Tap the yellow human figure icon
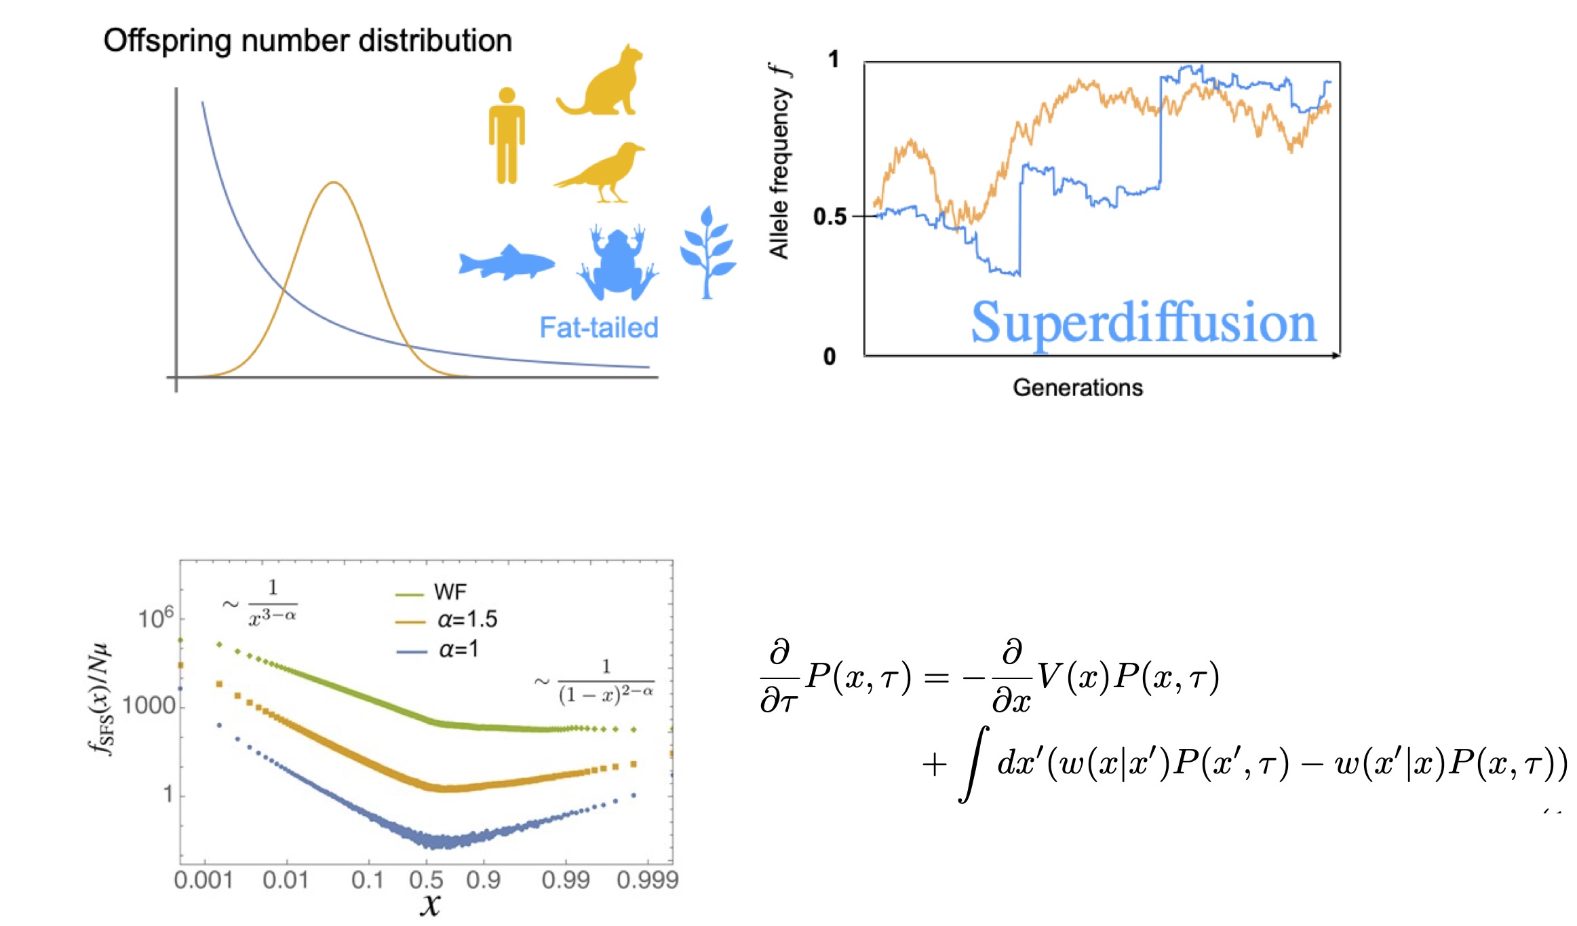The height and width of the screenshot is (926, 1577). point(506,136)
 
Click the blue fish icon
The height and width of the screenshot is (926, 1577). point(506,263)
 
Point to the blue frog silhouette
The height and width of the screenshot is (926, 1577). point(617,263)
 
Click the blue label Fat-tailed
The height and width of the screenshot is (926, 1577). point(598,328)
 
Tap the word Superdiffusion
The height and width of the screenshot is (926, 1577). point(1143,324)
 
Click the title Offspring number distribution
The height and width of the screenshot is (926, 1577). point(307,41)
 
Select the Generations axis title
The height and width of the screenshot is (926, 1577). point(1077,387)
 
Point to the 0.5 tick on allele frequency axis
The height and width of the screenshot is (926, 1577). point(830,217)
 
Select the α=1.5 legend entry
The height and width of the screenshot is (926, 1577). point(467,619)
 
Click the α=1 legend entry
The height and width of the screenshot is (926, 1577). point(458,650)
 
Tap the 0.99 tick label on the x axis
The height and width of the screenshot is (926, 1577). point(565,881)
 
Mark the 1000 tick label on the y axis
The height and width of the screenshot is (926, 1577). point(149,706)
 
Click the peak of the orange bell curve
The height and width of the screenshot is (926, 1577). point(333,182)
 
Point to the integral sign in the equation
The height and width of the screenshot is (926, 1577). point(973,765)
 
